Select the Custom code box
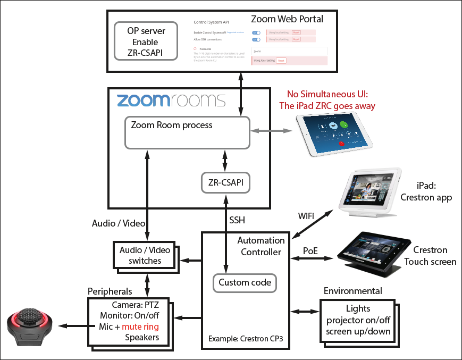click(x=245, y=282)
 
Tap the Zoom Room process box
click(x=187, y=132)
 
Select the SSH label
click(x=237, y=220)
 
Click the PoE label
click(x=310, y=249)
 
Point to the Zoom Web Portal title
click(x=287, y=19)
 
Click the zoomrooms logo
click(x=171, y=101)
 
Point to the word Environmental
click(x=352, y=291)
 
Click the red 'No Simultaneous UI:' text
click(x=327, y=94)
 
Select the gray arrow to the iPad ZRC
click(x=272, y=131)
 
